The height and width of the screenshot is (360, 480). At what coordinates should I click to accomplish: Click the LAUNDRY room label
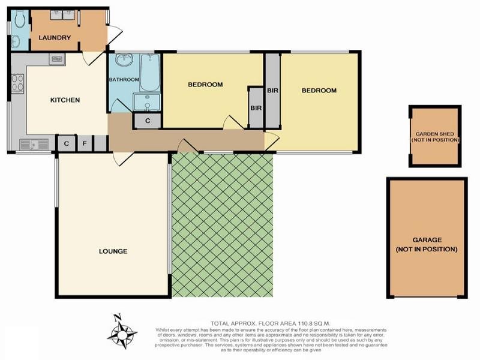(55, 38)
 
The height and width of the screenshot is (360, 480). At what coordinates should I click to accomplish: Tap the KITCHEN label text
(64, 100)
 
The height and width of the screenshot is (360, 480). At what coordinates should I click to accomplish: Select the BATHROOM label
(124, 79)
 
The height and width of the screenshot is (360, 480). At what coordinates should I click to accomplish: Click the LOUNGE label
(113, 251)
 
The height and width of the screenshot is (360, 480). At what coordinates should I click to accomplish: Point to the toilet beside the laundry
(19, 21)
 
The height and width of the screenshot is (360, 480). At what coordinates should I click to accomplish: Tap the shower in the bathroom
(147, 102)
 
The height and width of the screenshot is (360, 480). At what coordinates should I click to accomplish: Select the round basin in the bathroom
(125, 61)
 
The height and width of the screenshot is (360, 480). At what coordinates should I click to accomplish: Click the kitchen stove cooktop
(17, 82)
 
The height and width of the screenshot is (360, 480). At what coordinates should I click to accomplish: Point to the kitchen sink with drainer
(34, 144)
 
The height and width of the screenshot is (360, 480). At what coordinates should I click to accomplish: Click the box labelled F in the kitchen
(85, 144)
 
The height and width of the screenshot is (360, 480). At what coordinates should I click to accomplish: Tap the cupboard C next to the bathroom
(148, 121)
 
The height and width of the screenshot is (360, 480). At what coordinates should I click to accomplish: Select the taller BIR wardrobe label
(272, 91)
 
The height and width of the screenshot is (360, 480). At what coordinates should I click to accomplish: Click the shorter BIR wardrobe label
(256, 108)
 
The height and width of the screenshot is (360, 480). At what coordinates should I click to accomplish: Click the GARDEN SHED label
(436, 137)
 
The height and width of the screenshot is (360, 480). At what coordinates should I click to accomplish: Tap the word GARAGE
(427, 238)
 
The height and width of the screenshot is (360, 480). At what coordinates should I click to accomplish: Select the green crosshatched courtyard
(222, 225)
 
